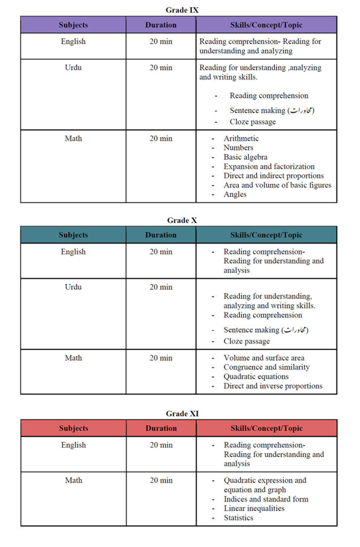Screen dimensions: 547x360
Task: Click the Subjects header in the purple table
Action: point(73,25)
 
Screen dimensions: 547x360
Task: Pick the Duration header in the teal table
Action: point(161,235)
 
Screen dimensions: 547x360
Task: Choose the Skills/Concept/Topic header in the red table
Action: point(266,428)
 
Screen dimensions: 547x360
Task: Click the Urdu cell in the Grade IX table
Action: point(73,68)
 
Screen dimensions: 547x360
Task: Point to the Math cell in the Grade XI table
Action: point(73,480)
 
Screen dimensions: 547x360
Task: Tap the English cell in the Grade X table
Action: point(73,252)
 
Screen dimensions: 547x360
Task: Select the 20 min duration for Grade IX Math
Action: point(161,138)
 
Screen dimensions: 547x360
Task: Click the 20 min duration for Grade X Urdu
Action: point(161,287)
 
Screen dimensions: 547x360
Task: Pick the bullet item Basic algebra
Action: point(245,157)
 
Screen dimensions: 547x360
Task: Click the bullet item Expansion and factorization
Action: point(269,166)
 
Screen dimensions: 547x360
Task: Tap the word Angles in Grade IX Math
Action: point(235,194)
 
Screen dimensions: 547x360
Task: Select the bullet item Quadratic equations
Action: point(256,377)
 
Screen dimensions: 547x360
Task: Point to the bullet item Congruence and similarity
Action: point(266,367)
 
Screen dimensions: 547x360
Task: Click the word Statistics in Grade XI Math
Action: point(238,518)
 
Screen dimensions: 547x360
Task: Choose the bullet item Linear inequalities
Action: point(254,508)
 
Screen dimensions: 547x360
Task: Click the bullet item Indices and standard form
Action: point(265,499)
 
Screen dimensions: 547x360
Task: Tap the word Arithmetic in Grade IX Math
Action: point(241,138)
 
